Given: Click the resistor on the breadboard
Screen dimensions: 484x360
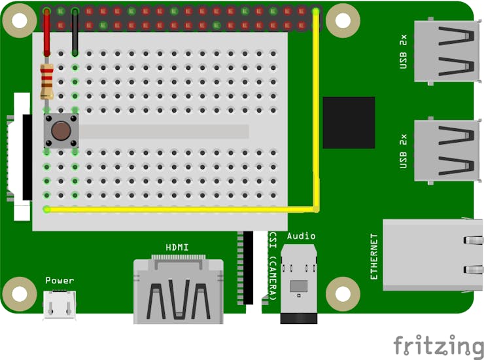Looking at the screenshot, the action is click(46, 82).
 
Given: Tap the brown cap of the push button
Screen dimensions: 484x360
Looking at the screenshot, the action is click(61, 131).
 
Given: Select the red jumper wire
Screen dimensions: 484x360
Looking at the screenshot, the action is click(46, 32).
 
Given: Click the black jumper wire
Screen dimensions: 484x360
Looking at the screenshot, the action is click(75, 32).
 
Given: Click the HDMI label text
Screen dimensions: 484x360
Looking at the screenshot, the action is click(177, 247).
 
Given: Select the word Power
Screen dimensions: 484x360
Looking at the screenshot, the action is click(60, 280).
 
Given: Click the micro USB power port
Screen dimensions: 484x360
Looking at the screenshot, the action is click(60, 304).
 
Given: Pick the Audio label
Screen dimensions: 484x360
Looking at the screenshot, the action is click(301, 236).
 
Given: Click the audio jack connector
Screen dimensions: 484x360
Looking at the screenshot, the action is click(298, 283).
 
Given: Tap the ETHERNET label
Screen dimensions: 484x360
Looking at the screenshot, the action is click(373, 256).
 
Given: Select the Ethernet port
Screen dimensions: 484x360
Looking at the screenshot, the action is click(433, 255).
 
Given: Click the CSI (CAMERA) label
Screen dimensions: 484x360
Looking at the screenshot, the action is click(273, 266).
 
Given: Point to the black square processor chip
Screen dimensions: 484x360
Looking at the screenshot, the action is click(349, 122).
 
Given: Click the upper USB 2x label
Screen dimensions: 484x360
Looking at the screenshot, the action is click(403, 52).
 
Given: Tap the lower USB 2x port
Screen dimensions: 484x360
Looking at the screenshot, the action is click(447, 151).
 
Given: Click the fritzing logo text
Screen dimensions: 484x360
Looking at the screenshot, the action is click(439, 346).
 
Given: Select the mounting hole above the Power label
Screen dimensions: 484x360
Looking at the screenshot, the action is click(19, 294).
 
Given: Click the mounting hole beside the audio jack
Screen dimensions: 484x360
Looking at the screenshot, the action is click(343, 294).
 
